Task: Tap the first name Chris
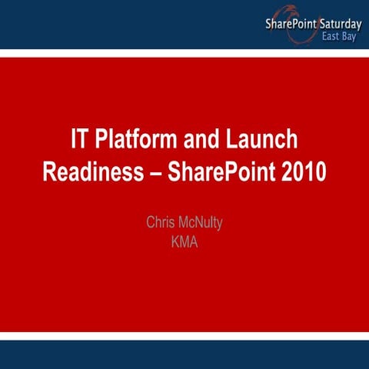point(161,223)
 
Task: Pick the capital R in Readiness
point(50,171)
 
